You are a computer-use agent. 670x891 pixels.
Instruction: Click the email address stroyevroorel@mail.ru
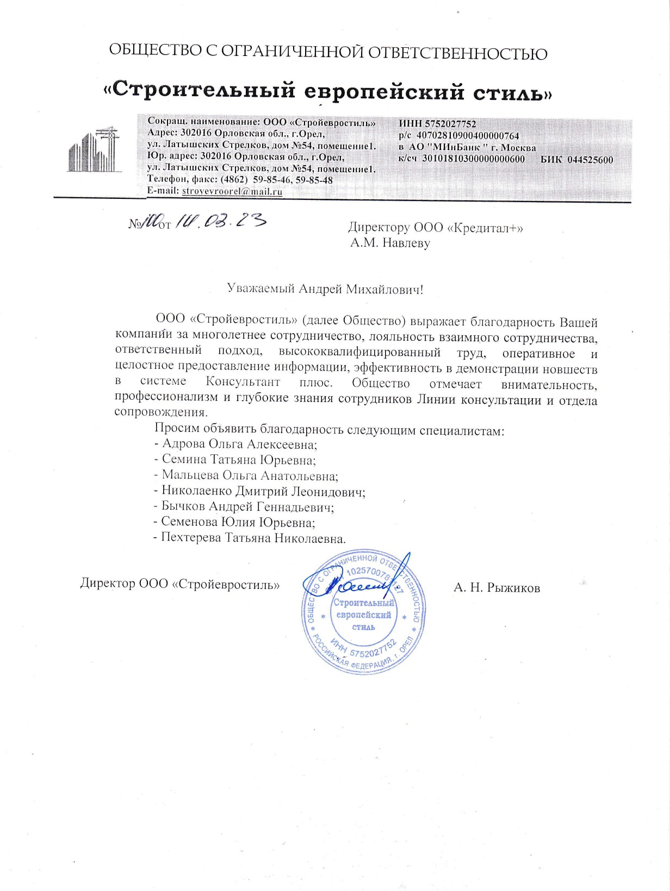(232, 191)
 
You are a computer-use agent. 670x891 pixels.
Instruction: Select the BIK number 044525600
(590, 160)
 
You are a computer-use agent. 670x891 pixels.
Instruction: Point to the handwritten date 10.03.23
(220, 221)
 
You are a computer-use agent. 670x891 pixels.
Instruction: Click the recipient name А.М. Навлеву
(390, 243)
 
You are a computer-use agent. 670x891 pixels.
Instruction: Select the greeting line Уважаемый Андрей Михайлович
(325, 288)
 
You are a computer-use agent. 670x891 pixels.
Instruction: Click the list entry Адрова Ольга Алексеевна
(239, 444)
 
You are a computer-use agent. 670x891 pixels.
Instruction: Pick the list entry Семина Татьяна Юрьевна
(239, 460)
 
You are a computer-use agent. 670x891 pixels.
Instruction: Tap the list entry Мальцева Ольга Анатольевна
(250, 476)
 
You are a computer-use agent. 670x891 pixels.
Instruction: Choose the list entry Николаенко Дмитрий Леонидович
(263, 492)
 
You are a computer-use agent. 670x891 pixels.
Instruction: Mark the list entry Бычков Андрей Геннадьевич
(247, 507)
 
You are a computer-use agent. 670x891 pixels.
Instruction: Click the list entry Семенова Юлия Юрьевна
(238, 523)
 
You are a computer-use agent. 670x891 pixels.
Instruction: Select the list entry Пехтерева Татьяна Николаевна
(253, 538)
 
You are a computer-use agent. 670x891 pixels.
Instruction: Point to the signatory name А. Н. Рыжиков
(497, 587)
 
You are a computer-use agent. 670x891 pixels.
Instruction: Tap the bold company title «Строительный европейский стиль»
(328, 90)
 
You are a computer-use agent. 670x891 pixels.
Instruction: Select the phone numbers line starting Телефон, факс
(240, 180)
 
